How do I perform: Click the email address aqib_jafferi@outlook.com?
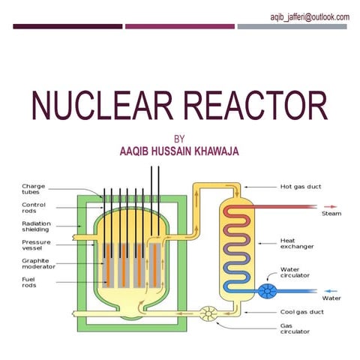pyautogui.click(x=310, y=16)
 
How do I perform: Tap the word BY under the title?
pyautogui.click(x=178, y=139)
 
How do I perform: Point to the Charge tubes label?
pyautogui.click(x=34, y=189)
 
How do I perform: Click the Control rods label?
pyautogui.click(x=34, y=208)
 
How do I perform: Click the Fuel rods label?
pyautogui.click(x=32, y=283)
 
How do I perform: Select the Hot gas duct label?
pyautogui.click(x=301, y=186)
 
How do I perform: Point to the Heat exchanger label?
pyautogui.click(x=296, y=243)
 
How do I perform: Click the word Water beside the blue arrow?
pyautogui.click(x=331, y=298)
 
